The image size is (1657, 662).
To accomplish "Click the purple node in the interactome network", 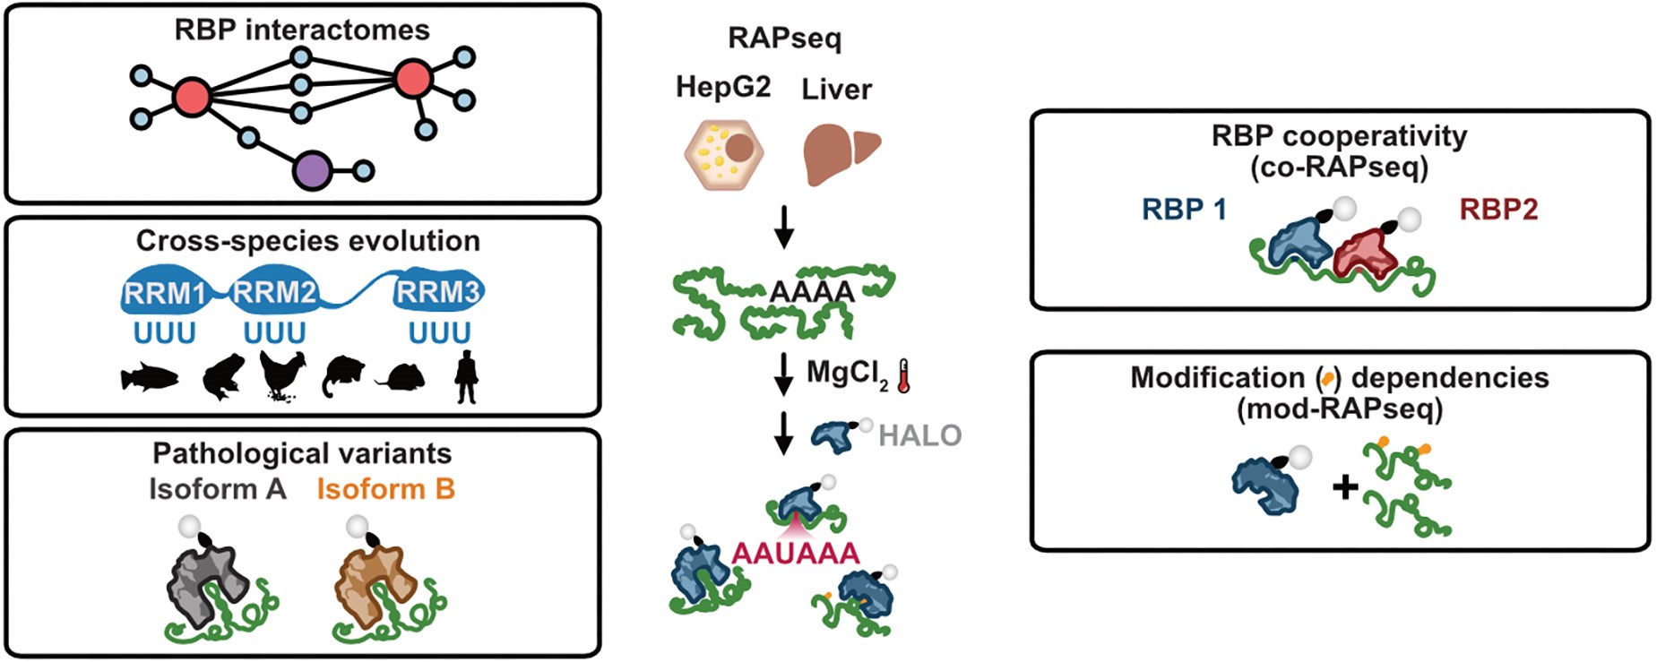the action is click(x=312, y=169).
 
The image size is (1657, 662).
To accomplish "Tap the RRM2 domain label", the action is click(x=274, y=292).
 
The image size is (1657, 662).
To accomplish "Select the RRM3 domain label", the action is click(x=439, y=292).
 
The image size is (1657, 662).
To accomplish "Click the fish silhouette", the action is click(x=150, y=379).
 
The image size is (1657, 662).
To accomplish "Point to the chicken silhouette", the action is click(x=282, y=375).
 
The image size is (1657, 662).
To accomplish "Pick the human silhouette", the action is click(x=466, y=376).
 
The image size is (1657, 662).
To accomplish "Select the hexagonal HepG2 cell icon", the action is click(x=723, y=151).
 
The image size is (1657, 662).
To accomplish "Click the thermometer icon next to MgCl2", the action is click(x=903, y=376).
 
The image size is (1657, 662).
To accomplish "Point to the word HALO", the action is click(x=919, y=435).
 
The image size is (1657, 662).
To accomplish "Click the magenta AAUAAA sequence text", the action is click(x=796, y=553).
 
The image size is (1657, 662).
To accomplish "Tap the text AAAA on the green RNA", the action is click(x=812, y=292).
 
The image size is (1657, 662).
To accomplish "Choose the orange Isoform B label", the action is click(x=385, y=489).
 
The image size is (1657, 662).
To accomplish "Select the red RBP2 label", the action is click(x=1498, y=210).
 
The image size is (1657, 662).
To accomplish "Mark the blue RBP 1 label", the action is click(x=1184, y=210).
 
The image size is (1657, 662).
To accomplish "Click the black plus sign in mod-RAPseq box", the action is click(x=1345, y=487).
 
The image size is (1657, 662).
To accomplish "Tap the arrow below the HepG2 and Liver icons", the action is click(x=784, y=228).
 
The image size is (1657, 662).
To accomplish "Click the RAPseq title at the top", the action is click(x=784, y=39).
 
